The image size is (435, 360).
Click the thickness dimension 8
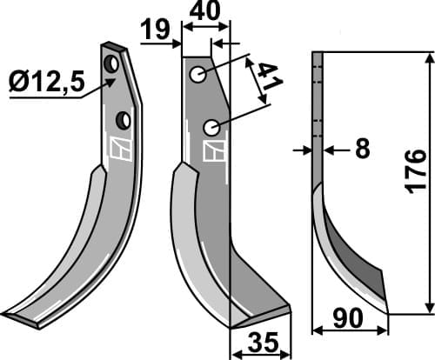tap(361, 150)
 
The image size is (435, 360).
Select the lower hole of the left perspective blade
tap(124, 117)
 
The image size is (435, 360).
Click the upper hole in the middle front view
tap(199, 76)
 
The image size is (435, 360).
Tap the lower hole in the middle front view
tap(211, 127)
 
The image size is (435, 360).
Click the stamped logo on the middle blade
tap(211, 151)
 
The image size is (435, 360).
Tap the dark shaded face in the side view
tap(355, 262)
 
